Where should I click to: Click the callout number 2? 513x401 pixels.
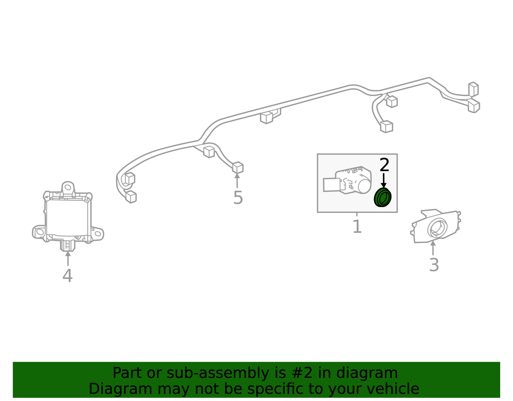pyautogui.click(x=384, y=165)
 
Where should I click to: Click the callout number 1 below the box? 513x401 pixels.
pyautogui.click(x=357, y=226)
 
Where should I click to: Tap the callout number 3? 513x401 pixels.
pyautogui.click(x=434, y=265)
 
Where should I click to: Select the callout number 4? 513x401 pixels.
pyautogui.click(x=68, y=275)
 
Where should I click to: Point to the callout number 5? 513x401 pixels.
pyautogui.click(x=238, y=197)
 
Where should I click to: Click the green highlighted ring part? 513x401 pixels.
pyautogui.click(x=383, y=197)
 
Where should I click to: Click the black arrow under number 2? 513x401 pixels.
pyautogui.click(x=384, y=180)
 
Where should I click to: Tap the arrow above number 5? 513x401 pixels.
pyautogui.click(x=237, y=180)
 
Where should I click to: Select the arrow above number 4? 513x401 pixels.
pyautogui.click(x=68, y=258)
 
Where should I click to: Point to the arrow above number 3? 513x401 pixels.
pyautogui.click(x=433, y=248)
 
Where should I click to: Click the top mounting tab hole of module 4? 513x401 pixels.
pyautogui.click(x=68, y=187)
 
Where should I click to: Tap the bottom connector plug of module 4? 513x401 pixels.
pyautogui.click(x=68, y=246)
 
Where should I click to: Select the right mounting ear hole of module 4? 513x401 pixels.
pyautogui.click(x=98, y=234)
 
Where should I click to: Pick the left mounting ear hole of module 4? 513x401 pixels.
pyautogui.click(x=40, y=232)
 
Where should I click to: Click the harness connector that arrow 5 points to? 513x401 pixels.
pyautogui.click(x=238, y=167)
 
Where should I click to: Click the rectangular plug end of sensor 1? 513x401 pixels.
pyautogui.click(x=332, y=185)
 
